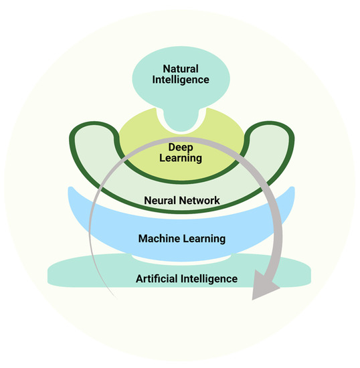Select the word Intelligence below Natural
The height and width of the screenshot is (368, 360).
[181, 80]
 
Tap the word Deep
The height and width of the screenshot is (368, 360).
[181, 146]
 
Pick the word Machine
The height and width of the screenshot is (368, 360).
[159, 238]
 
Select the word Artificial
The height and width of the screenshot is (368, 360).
[158, 278]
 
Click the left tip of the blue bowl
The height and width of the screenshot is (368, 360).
[72, 191]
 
